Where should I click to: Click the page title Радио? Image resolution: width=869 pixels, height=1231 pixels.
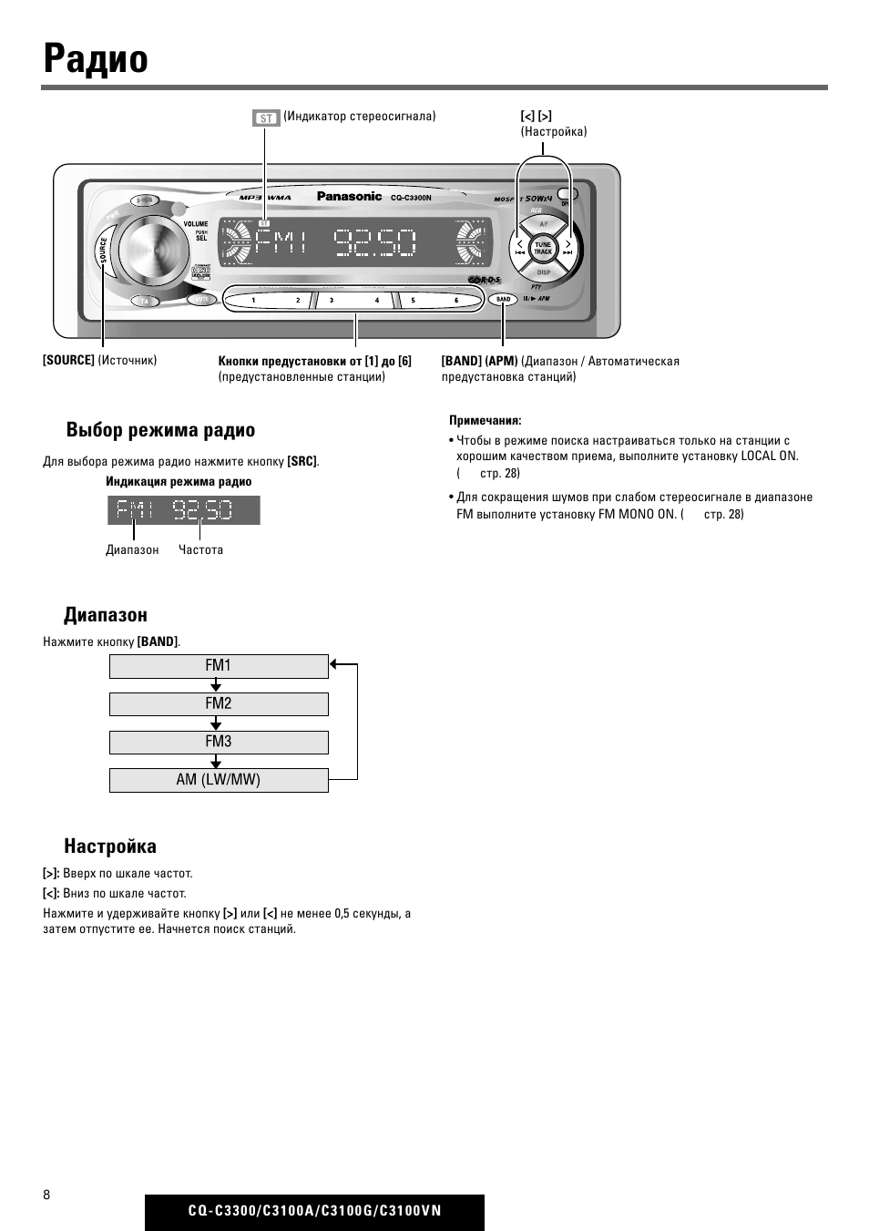pos(96,59)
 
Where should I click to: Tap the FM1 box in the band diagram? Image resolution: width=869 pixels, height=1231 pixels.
pos(219,666)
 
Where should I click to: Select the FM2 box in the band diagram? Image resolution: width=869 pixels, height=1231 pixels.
pos(219,704)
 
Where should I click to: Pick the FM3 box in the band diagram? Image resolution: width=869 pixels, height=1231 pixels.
pos(219,743)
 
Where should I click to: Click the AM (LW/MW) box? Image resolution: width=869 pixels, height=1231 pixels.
pos(219,781)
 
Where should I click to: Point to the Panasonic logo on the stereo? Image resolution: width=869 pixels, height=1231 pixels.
pos(349,196)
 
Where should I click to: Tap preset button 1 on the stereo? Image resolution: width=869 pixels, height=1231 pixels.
pos(253,300)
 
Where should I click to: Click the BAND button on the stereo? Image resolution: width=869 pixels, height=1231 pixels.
pos(503,299)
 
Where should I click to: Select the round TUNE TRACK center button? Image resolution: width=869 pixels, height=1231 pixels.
pos(543,247)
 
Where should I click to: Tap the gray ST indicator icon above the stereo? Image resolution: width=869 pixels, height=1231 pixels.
pos(266,118)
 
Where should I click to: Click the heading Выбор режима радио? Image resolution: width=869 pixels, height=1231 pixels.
pos(160,430)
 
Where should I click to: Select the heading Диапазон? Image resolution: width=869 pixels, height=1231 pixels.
pos(106,615)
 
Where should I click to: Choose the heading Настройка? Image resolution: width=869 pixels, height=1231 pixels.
pos(110,846)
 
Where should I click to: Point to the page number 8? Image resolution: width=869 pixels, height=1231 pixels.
pos(46,1195)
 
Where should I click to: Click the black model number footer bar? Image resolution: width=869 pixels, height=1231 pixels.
pos(314,1212)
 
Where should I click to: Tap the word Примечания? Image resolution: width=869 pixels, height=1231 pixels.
pos(485,421)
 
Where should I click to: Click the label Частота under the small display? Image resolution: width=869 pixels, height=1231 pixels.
pos(200,550)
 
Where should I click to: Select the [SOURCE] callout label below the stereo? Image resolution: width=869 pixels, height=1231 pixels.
pos(68,361)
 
